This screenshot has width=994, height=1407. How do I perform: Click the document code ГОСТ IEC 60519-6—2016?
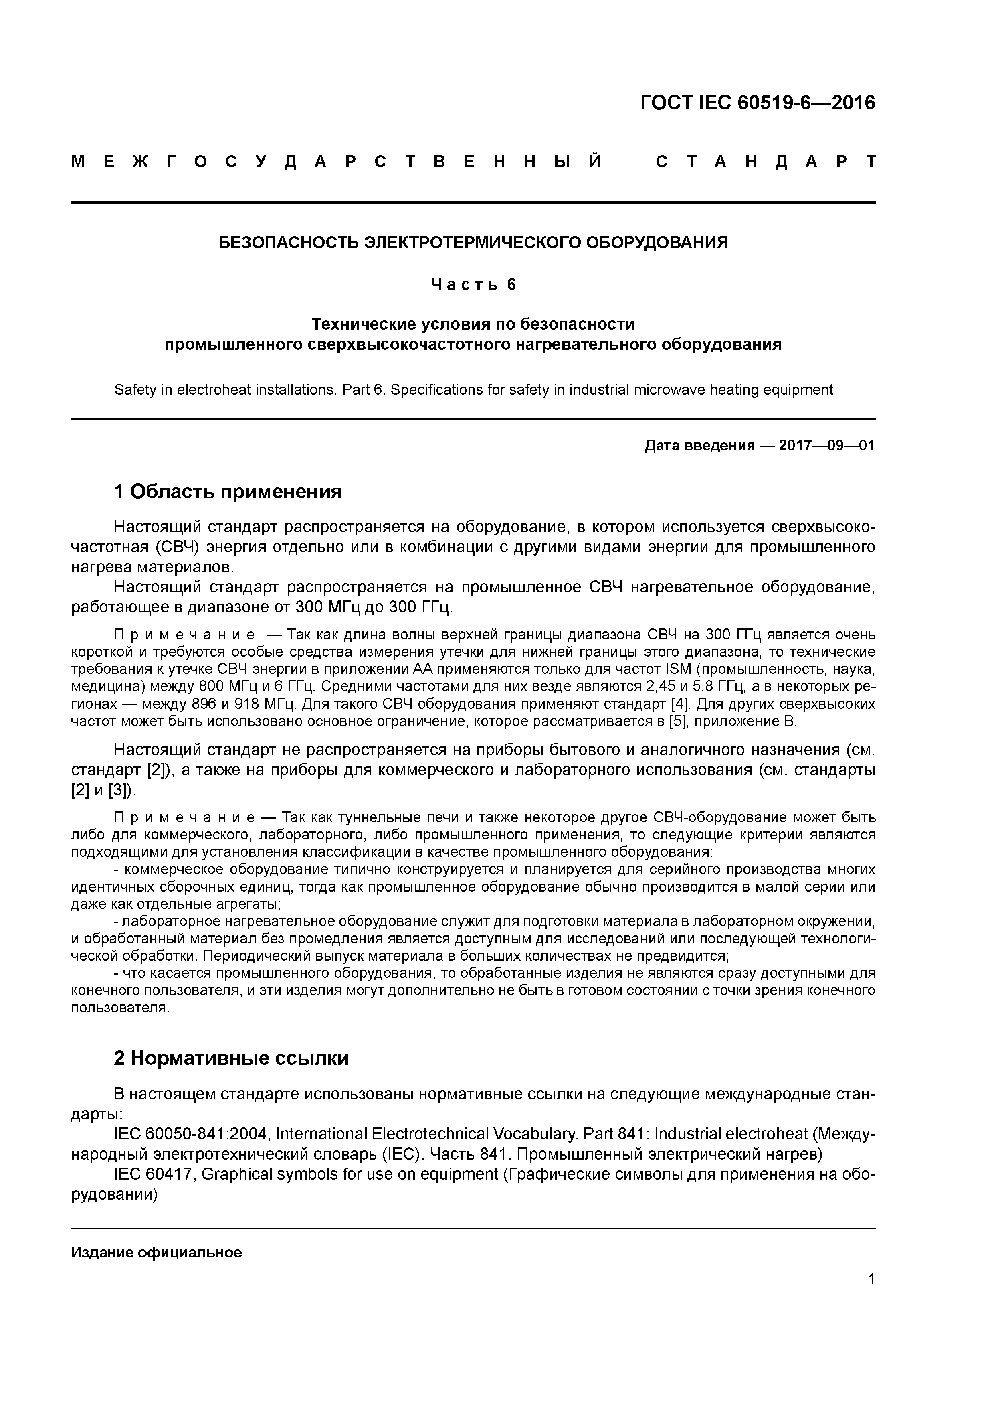[758, 103]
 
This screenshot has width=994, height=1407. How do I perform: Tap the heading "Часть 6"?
[473, 284]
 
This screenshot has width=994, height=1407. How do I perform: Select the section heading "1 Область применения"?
[227, 491]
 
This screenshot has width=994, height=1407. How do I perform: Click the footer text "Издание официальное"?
[156, 1252]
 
